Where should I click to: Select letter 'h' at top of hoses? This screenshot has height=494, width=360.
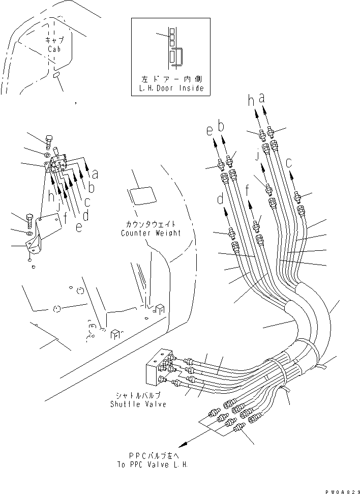(x=251, y=102)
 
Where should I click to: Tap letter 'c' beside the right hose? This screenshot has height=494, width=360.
(x=289, y=164)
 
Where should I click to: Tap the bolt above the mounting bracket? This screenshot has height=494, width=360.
(x=49, y=140)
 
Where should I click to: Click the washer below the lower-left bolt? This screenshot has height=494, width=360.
(x=29, y=234)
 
